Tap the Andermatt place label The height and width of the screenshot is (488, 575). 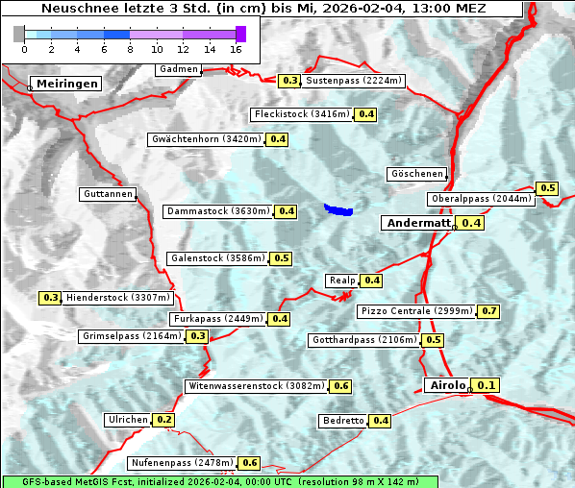click(417, 223)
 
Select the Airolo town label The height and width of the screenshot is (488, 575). click(447, 385)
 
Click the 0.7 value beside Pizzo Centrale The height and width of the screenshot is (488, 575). click(489, 311)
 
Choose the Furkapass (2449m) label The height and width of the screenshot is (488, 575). click(216, 319)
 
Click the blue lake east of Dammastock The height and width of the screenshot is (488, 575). click(338, 208)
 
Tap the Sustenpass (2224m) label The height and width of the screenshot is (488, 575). click(354, 81)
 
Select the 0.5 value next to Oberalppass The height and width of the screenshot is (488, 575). click(547, 188)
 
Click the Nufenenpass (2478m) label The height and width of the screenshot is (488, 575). click(182, 463)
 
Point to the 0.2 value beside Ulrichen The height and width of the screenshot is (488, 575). click(163, 420)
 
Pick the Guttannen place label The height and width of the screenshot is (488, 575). click(107, 194)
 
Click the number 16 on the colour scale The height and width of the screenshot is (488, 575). click(236, 49)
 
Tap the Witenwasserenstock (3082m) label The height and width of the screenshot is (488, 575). click(256, 386)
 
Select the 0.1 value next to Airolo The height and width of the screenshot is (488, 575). click(486, 385)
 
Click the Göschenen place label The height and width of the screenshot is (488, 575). click(416, 174)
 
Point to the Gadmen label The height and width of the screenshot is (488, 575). click(178, 69)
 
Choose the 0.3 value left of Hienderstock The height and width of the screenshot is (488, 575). click(51, 298)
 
